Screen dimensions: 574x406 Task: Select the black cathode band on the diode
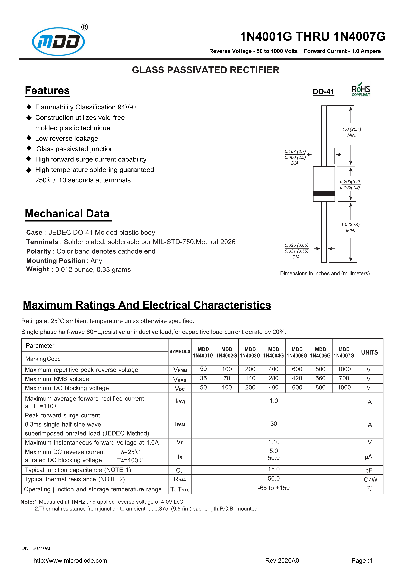click(324, 194)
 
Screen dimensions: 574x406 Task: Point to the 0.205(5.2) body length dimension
click(350, 182)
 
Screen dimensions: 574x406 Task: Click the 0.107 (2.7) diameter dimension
click(295, 152)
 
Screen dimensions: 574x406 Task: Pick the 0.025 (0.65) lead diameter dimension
click(296, 245)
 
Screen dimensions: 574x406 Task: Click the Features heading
click(47, 90)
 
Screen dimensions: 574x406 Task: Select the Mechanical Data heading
click(67, 214)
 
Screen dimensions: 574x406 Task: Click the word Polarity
click(38, 251)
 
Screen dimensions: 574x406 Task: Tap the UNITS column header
click(369, 352)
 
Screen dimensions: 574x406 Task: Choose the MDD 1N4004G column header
click(273, 352)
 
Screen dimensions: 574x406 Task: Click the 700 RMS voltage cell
click(344, 378)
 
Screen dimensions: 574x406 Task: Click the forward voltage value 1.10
click(274, 442)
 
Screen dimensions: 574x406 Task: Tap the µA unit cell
click(368, 457)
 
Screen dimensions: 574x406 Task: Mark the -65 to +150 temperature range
click(274, 488)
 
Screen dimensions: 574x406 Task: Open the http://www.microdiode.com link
click(70, 560)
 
